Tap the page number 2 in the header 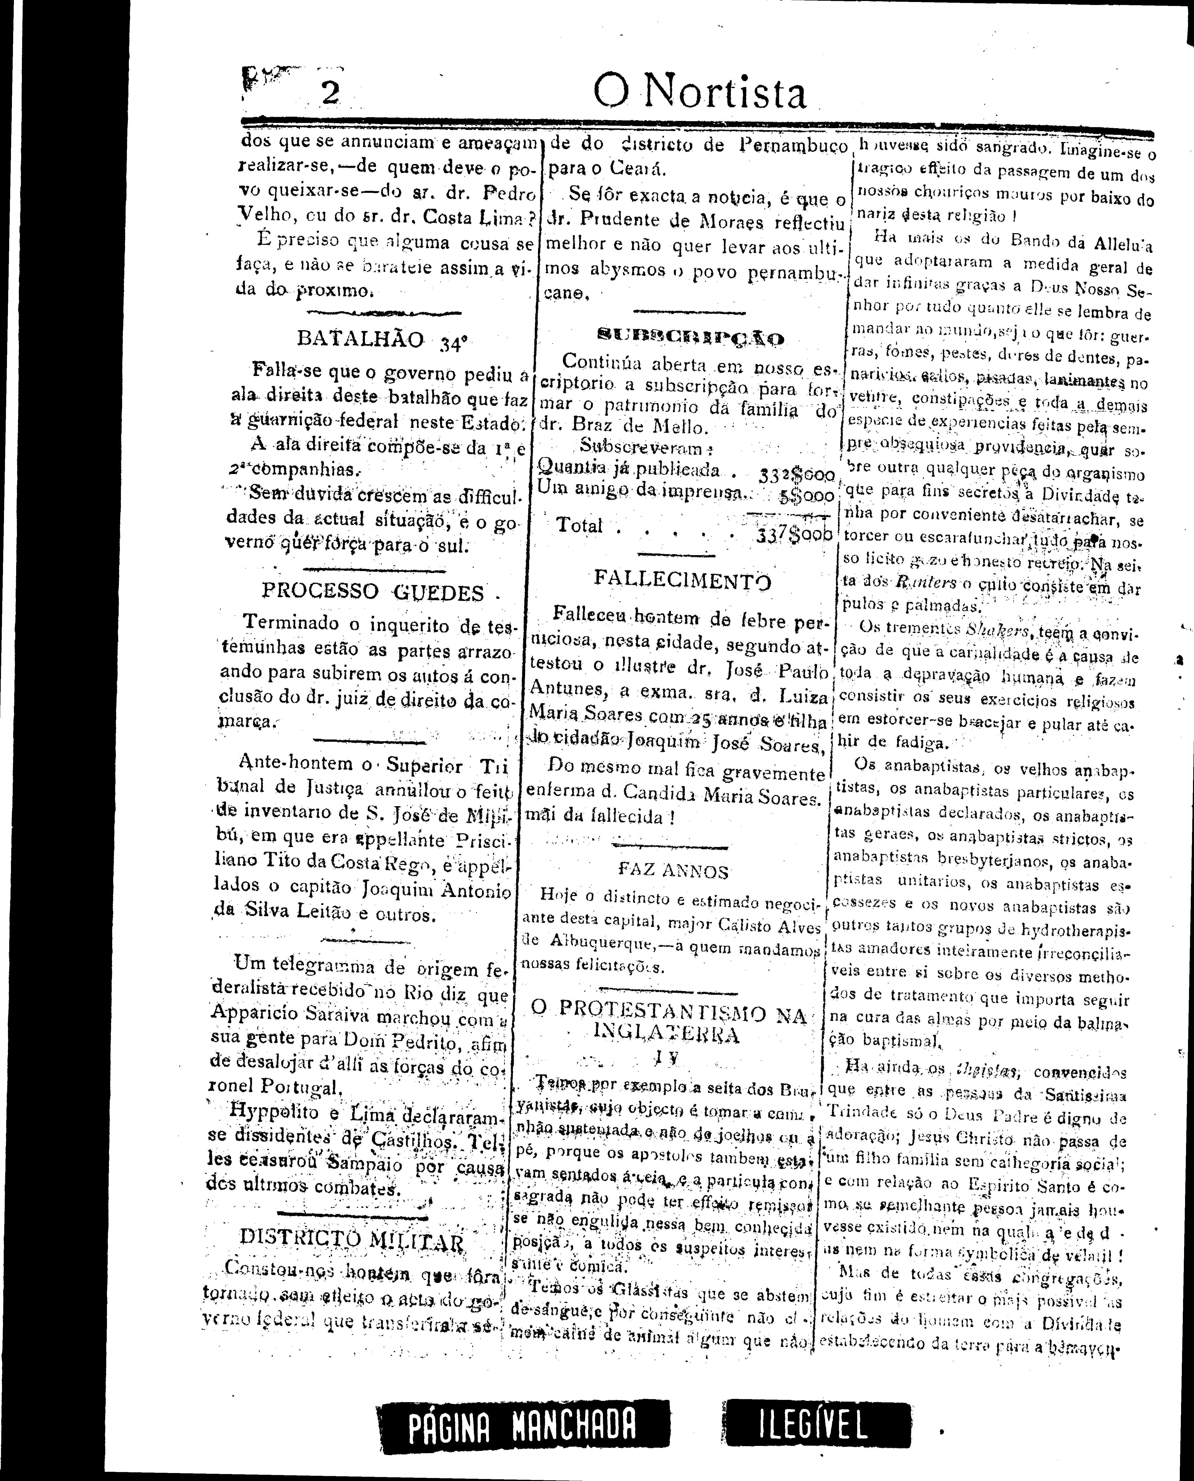tap(330, 93)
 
